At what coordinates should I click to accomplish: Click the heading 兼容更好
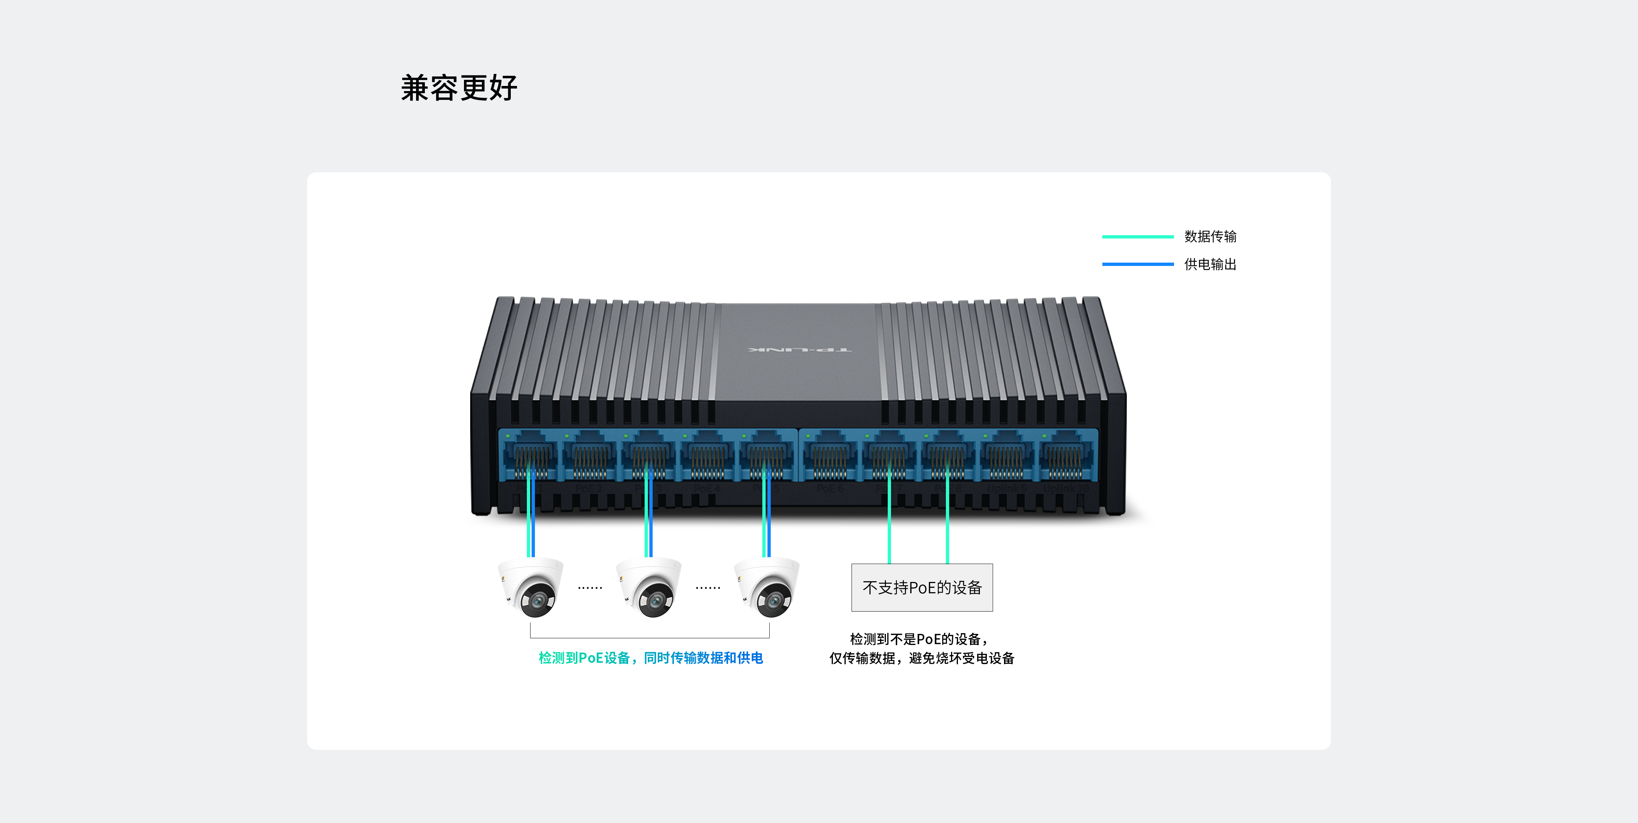(x=459, y=88)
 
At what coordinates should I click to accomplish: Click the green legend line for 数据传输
(x=1137, y=237)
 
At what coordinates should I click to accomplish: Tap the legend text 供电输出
(x=1210, y=264)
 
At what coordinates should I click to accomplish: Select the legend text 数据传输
(x=1210, y=237)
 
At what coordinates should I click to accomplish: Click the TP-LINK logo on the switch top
(x=800, y=350)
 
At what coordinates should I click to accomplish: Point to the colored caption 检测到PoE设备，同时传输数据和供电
(x=650, y=658)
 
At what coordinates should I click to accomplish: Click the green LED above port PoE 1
(x=508, y=436)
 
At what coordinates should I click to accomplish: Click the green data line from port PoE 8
(x=947, y=528)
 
